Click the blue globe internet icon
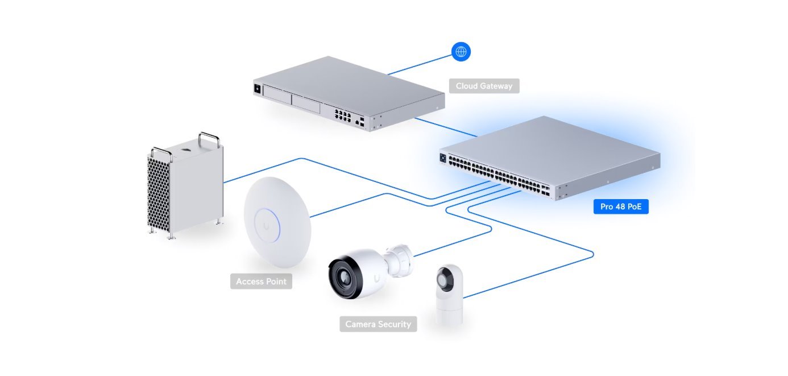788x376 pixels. point(461,52)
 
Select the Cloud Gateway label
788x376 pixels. point(484,86)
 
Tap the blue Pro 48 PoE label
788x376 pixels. point(620,206)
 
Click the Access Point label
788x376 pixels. point(261,282)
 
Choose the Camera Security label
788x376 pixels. point(378,324)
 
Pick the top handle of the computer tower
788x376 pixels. point(208,138)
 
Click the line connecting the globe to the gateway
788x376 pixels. point(421,64)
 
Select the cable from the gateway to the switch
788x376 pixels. point(446,127)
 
